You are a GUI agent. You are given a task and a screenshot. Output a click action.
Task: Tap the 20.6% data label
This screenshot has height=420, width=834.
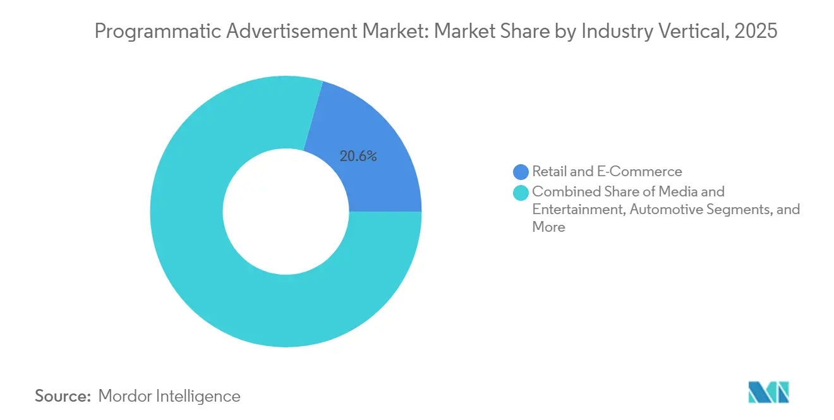click(x=358, y=157)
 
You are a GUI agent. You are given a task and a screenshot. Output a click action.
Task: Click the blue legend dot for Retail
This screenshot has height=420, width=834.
click(x=521, y=171)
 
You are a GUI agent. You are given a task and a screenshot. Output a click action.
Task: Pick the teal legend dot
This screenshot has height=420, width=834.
click(x=521, y=191)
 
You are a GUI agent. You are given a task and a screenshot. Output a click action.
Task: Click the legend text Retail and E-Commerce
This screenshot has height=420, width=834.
click(x=607, y=171)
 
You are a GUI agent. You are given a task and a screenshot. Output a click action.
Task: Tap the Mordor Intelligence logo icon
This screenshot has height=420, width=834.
click(x=768, y=392)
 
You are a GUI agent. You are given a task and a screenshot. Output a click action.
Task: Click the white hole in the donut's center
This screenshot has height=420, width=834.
click(x=286, y=212)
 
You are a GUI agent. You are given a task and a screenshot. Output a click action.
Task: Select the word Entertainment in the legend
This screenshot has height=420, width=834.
click(x=577, y=209)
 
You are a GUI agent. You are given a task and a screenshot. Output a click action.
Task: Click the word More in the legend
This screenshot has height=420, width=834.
click(x=548, y=227)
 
